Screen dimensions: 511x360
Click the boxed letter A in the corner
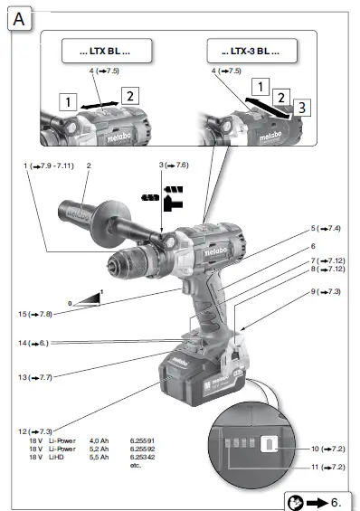19,18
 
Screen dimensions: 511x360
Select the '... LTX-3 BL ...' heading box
243,52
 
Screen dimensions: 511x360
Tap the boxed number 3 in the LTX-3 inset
304,107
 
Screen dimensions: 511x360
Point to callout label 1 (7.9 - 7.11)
47,166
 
